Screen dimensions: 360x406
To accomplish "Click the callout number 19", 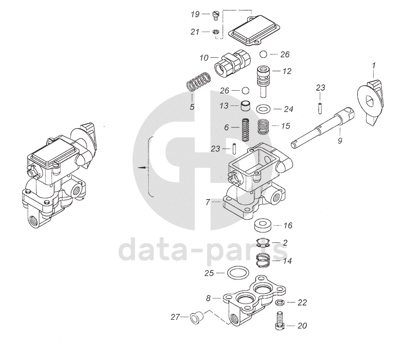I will click(x=195, y=14).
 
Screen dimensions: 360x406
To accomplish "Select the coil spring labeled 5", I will click(x=199, y=81).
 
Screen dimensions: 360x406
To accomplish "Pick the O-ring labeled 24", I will click(x=264, y=109).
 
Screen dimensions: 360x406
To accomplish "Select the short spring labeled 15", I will click(x=264, y=126).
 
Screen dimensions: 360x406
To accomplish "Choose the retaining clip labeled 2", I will click(x=263, y=243).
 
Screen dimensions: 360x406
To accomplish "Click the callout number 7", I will click(x=208, y=202).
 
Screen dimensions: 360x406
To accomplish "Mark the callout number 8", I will click(x=208, y=298).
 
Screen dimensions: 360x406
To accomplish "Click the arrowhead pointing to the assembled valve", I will click(x=142, y=167).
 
